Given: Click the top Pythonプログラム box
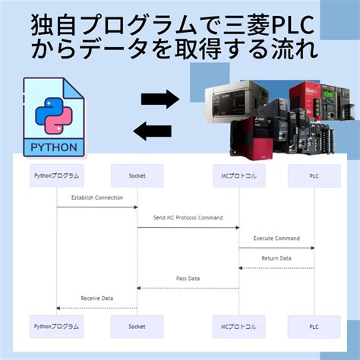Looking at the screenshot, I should point(56,175).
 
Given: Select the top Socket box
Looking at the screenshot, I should point(137,175).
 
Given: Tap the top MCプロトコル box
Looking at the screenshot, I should point(239,175).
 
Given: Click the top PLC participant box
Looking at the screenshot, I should point(314,175).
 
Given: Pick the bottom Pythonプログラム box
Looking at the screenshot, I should point(56,326).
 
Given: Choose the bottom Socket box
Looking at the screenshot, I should point(137,326).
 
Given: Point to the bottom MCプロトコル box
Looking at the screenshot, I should point(239,326).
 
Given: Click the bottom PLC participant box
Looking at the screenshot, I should point(314,326).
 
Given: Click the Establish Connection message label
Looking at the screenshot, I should point(96,197).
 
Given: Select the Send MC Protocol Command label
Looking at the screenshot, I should point(188,218).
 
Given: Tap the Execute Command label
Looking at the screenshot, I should point(276,238).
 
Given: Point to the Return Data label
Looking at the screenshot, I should point(276,258).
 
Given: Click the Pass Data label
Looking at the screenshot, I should point(188,279).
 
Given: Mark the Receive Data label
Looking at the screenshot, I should point(96,298).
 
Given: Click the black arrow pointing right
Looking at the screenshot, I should point(159,98).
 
